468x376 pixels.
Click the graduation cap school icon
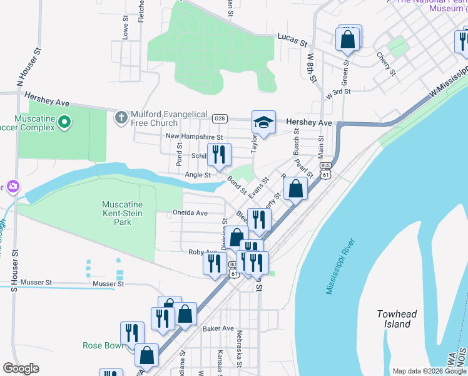click(x=263, y=122)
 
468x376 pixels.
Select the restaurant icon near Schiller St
click(x=219, y=155)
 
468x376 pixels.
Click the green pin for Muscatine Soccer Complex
click(x=63, y=125)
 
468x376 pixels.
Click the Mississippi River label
click(x=340, y=266)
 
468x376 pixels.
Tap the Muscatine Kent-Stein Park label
click(x=123, y=214)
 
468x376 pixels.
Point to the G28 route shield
click(x=219, y=118)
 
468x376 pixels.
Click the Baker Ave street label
click(x=218, y=328)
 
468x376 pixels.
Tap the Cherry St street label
click(x=386, y=63)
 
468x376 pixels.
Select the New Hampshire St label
click(x=194, y=137)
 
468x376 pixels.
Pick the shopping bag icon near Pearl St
click(x=295, y=188)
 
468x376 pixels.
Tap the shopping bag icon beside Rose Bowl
click(x=146, y=355)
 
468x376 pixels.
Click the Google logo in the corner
click(x=21, y=368)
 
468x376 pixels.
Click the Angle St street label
click(x=198, y=175)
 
